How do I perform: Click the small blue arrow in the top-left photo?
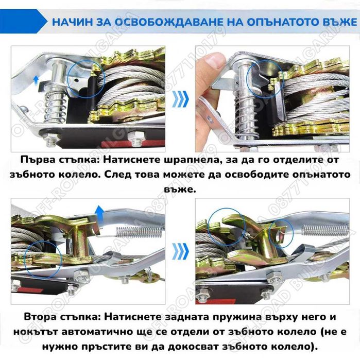coord(36,79)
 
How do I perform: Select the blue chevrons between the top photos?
coord(180,97)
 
